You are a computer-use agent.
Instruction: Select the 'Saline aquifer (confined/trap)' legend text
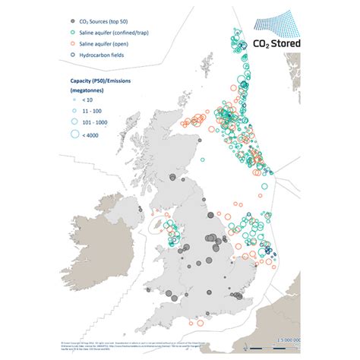[x=112, y=32]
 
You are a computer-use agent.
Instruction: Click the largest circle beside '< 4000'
[x=73, y=135]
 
